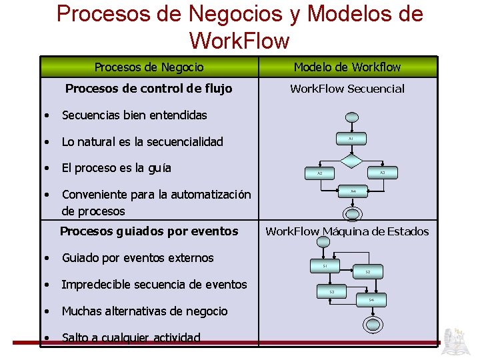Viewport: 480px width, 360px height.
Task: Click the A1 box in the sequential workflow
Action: point(351,139)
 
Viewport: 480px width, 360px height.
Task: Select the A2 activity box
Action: point(319,173)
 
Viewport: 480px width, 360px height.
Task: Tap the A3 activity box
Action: point(382,173)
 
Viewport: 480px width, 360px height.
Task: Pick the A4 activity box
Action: point(353,191)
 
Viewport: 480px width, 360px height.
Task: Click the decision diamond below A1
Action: point(351,160)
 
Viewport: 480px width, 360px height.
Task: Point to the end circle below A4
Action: point(351,213)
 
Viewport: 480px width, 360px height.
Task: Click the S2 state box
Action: point(367,272)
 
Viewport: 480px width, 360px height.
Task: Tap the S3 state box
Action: point(332,292)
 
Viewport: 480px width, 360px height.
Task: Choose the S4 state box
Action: point(371,300)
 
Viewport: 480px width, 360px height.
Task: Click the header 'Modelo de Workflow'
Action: point(347,67)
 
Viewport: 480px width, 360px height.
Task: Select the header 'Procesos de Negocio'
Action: point(149,67)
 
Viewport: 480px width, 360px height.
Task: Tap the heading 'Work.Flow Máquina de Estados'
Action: point(347,231)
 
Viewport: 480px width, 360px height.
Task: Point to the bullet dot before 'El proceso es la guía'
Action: point(47,168)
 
